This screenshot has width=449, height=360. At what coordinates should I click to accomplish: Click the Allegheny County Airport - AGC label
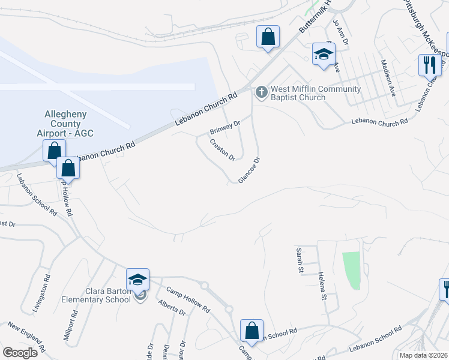tap(66, 123)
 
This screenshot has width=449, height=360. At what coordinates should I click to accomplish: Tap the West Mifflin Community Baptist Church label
tap(316, 93)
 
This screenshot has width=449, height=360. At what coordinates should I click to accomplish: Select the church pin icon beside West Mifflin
tap(261, 93)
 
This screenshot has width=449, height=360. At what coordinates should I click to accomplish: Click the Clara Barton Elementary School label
tap(96, 296)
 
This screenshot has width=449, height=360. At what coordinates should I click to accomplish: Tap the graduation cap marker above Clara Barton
tap(137, 279)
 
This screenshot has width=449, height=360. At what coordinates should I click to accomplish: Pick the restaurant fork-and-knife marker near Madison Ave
tap(429, 65)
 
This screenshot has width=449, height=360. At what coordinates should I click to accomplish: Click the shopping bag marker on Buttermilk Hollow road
tap(268, 37)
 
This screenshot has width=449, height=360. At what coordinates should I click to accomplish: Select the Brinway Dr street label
tap(224, 127)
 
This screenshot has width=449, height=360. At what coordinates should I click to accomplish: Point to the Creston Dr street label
tap(222, 149)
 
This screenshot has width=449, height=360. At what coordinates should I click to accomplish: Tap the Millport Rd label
tap(74, 323)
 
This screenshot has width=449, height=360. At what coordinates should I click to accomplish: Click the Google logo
tap(20, 353)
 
